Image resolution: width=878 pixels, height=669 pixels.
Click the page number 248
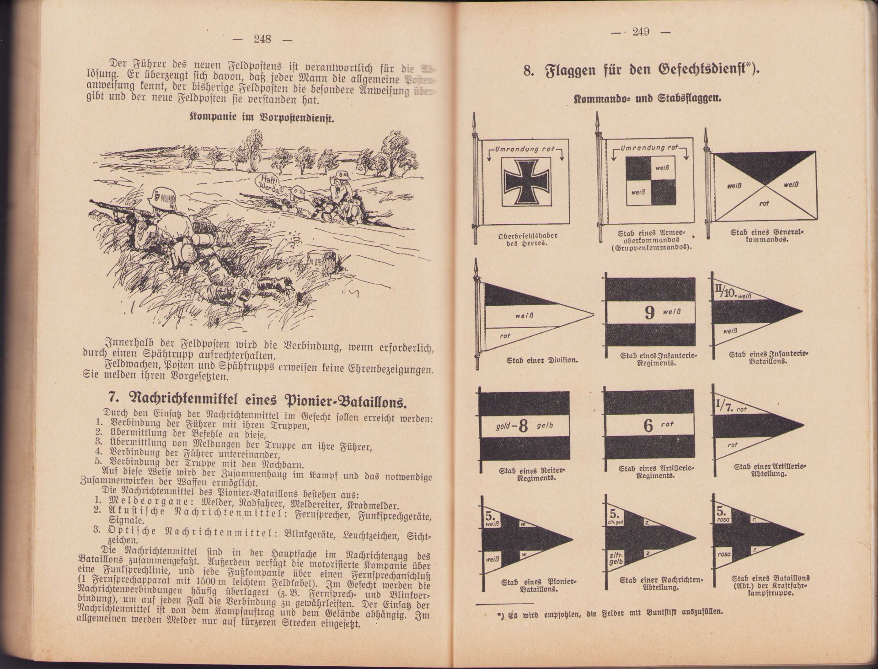(262, 39)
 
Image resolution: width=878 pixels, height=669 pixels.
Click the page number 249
(641, 32)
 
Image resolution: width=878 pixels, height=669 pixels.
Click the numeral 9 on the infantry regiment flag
(650, 313)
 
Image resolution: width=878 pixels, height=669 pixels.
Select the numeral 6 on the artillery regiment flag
(648, 426)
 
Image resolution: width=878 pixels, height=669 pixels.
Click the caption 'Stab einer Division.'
(542, 360)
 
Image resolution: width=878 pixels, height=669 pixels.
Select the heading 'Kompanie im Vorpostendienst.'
(262, 117)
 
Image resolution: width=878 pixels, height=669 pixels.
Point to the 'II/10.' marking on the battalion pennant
(723, 291)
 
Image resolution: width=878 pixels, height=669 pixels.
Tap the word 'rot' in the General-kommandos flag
(764, 203)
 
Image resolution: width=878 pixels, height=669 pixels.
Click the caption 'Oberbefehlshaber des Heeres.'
(528, 239)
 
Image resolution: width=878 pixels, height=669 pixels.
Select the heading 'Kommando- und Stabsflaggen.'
(648, 98)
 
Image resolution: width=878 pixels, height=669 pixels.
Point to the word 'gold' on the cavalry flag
(503, 426)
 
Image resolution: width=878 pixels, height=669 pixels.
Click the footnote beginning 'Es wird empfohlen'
(613, 612)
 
